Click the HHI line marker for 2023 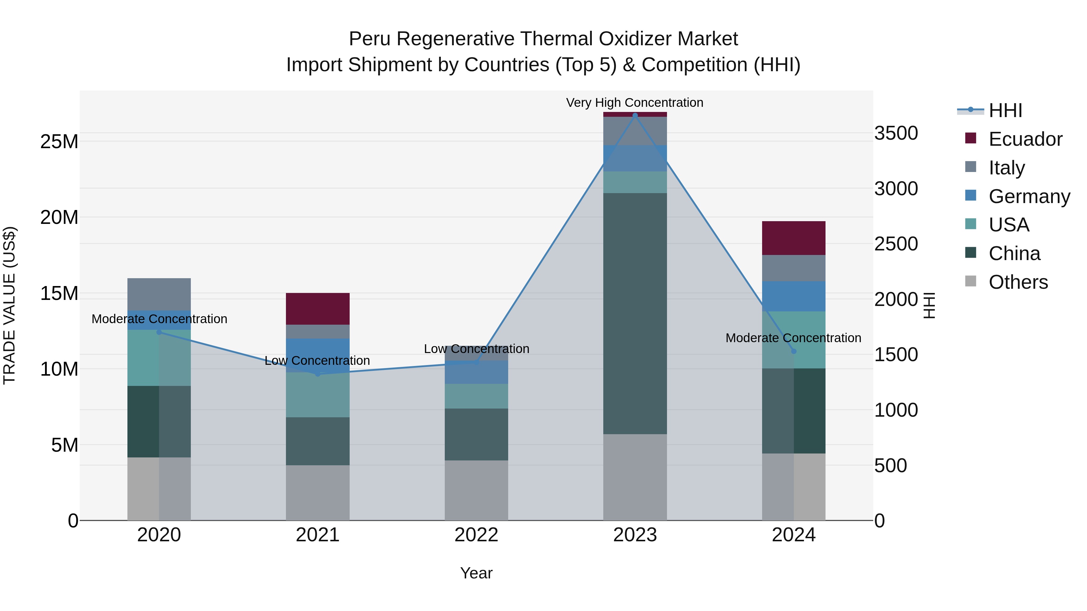(635, 115)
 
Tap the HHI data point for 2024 (793, 351)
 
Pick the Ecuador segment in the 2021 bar (318, 309)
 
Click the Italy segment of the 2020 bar (159, 294)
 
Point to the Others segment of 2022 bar (476, 490)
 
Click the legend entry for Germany (1029, 196)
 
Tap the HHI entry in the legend (1005, 110)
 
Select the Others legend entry (1018, 282)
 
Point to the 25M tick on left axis (59, 142)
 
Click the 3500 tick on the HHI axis (896, 133)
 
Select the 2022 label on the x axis (476, 535)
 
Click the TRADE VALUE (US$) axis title (9, 305)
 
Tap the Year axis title (476, 573)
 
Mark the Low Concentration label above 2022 (476, 349)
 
